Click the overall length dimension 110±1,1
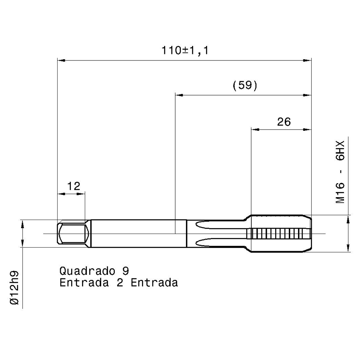click(185, 50)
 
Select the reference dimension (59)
click(245, 86)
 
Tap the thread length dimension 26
click(284, 122)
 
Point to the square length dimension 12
click(74, 186)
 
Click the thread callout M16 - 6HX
click(340, 172)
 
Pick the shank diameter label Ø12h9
click(14, 288)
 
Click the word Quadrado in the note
click(87, 271)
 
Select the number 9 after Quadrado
click(126, 271)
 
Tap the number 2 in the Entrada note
click(120, 283)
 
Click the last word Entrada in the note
click(154, 283)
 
